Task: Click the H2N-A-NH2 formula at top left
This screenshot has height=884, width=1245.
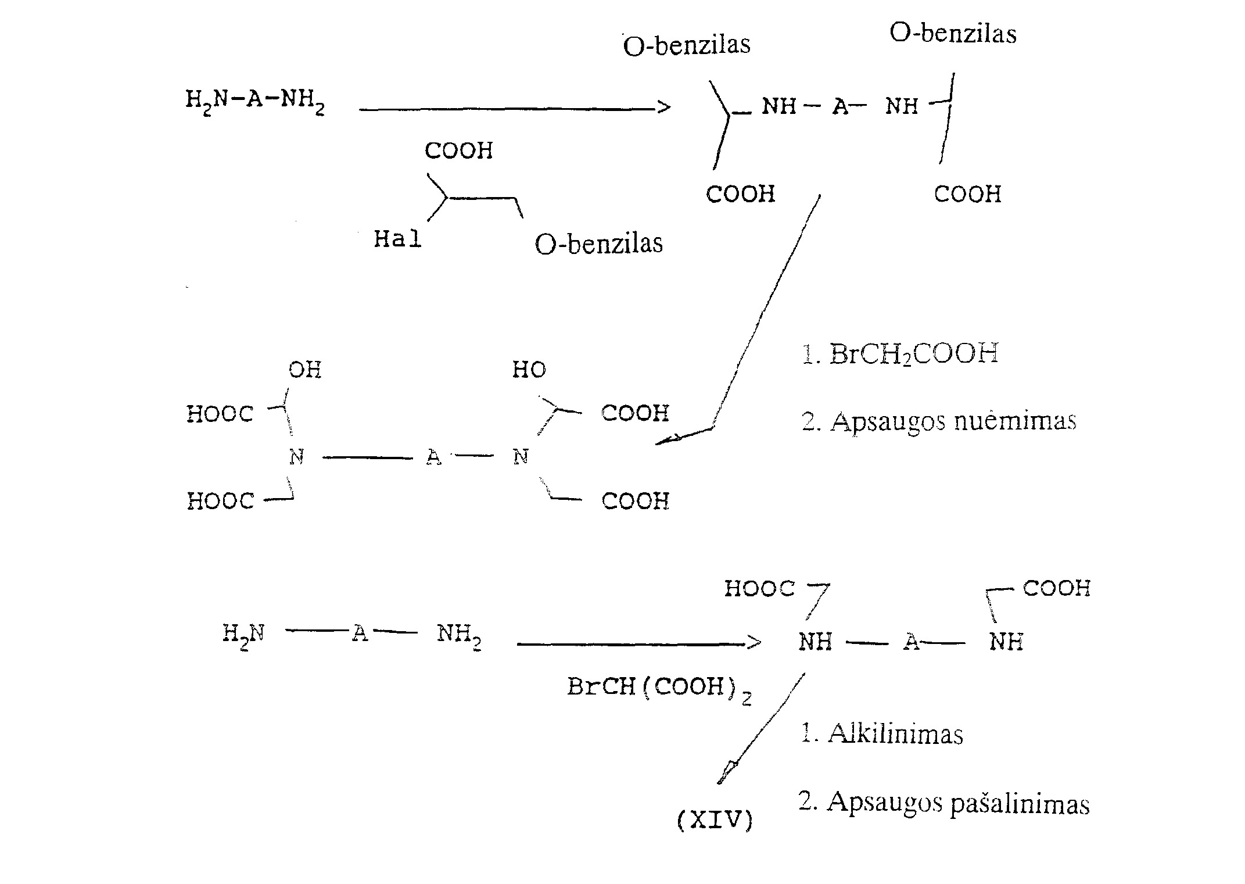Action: [255, 102]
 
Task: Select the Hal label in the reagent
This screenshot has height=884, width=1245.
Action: [397, 238]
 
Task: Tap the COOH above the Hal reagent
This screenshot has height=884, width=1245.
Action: [458, 151]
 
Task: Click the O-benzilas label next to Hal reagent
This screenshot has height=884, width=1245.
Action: [598, 244]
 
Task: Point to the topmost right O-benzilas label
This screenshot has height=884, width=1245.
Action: [953, 33]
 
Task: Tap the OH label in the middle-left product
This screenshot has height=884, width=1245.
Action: [305, 370]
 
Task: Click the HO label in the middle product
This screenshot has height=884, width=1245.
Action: [529, 370]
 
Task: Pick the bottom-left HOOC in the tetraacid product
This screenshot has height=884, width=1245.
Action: [220, 501]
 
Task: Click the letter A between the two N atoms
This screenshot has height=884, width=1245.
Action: [433, 457]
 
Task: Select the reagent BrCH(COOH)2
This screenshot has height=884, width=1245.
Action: [659, 689]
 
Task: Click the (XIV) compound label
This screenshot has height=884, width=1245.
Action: [715, 820]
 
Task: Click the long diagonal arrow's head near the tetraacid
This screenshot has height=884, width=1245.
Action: [665, 440]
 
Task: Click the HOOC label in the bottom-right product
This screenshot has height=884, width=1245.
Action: [759, 588]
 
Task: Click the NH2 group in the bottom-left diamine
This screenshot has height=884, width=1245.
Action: [459, 635]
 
